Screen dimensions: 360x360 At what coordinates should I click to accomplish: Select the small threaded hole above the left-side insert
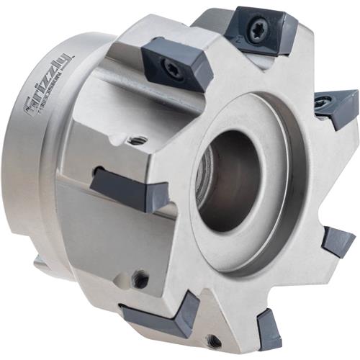(x=138, y=139)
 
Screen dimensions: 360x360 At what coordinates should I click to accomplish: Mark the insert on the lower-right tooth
(x=337, y=240)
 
